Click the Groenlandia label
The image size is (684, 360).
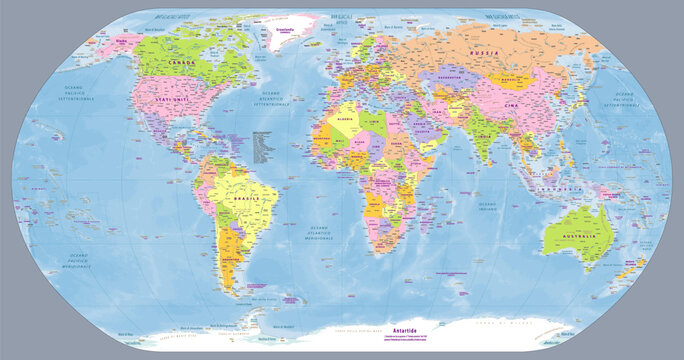[291, 28]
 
